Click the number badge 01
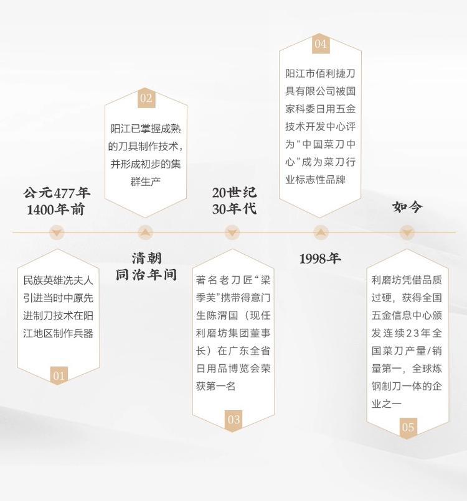(x=59, y=375)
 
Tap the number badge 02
(x=146, y=98)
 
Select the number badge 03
(x=233, y=420)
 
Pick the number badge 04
(x=320, y=44)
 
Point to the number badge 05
(x=408, y=427)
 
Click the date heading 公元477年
(x=57, y=192)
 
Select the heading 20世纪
(x=233, y=192)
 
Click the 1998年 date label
(x=320, y=259)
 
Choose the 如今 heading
(x=407, y=207)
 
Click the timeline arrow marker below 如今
(x=407, y=233)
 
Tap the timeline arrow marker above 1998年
(x=320, y=233)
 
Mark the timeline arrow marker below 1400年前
(x=57, y=233)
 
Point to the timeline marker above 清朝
(x=145, y=233)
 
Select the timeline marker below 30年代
(x=232, y=233)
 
